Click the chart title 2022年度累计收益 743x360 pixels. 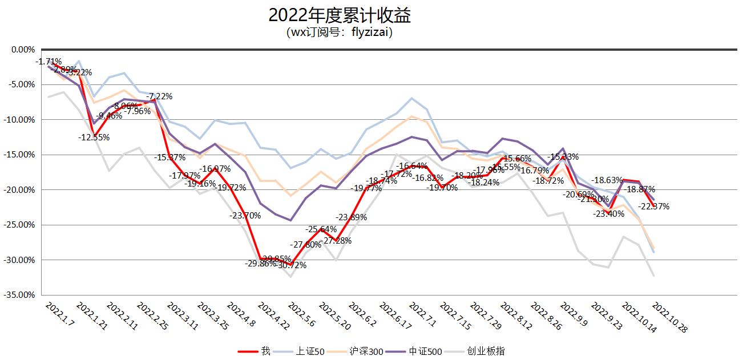pos(340,15)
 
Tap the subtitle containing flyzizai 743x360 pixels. pos(340,32)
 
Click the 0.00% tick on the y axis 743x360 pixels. pos(23,50)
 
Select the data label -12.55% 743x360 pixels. pos(94,137)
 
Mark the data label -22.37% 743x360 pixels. pos(653,207)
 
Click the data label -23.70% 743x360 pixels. pos(245,216)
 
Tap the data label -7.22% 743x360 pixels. pos(159,96)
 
